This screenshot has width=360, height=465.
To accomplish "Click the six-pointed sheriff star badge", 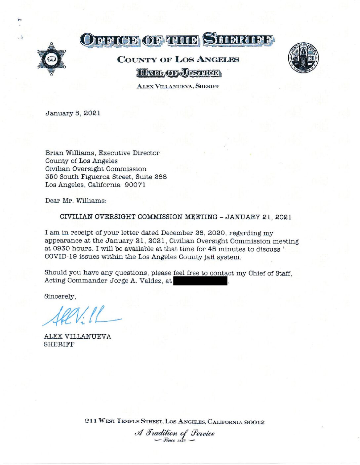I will coord(51,59).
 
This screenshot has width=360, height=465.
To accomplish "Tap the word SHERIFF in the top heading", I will coord(238,40).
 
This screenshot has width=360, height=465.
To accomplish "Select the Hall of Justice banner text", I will coord(179,73).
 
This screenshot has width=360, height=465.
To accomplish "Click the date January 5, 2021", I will coord(73,113).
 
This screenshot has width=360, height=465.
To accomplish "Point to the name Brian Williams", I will coord(70,153).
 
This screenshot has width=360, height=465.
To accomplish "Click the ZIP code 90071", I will coord(135,185).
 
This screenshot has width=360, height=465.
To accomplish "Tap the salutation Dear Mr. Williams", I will coord(76,200).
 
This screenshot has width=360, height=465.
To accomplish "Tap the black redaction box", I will coord(200,281).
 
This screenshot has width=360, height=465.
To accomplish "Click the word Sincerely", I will coord(60,296).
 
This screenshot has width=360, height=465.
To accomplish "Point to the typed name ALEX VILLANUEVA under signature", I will coord(77,336).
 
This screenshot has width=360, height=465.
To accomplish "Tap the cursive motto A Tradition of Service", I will coord(175,433).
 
